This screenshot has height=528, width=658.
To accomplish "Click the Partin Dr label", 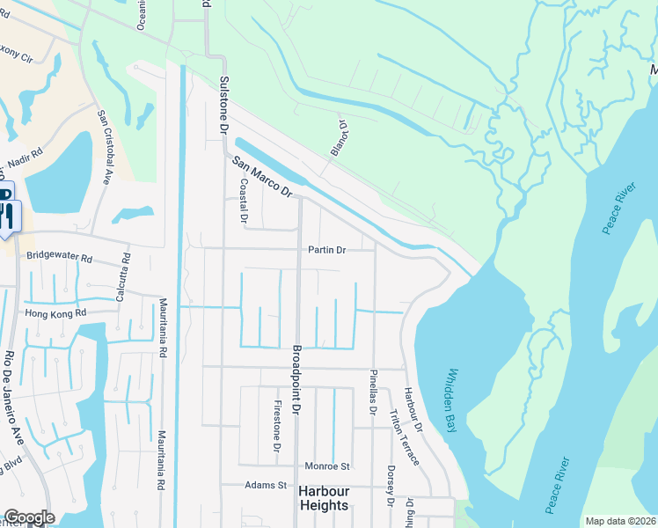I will [x=327, y=250].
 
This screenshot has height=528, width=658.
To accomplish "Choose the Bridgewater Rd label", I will [x=60, y=259].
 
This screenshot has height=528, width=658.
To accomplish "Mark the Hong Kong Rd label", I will [x=56, y=313].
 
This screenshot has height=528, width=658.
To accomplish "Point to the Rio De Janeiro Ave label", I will [x=17, y=395].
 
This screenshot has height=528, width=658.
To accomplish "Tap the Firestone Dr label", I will [x=276, y=427].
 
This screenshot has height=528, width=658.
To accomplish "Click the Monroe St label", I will [x=327, y=466].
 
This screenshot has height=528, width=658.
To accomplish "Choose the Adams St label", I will [x=267, y=485].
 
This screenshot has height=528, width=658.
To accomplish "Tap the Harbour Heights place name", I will [x=323, y=498].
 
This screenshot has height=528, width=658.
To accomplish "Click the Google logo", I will [x=28, y=517].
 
